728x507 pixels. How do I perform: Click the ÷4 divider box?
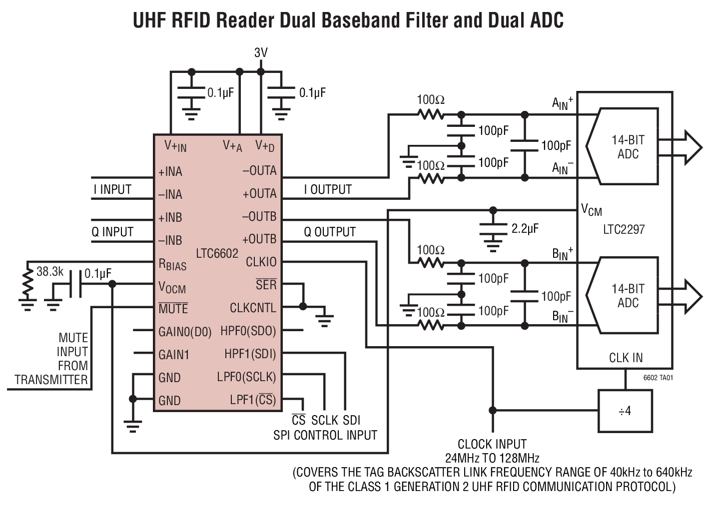(x=625, y=411)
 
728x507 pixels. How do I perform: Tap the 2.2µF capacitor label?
(x=525, y=229)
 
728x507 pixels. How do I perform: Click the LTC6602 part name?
(x=217, y=253)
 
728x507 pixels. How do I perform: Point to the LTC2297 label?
(x=624, y=230)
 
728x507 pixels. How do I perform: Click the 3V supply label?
(x=261, y=53)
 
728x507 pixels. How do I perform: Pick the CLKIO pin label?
(x=261, y=262)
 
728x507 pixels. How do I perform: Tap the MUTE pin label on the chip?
(x=173, y=309)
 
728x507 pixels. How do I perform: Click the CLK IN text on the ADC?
(x=626, y=358)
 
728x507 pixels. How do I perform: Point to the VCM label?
(x=591, y=210)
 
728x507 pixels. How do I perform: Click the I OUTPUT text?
(x=328, y=190)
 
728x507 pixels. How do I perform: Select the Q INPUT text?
(x=112, y=232)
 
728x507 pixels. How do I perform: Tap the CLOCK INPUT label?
(x=492, y=444)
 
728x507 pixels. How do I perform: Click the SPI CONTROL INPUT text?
(x=325, y=435)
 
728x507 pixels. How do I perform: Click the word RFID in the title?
(x=188, y=20)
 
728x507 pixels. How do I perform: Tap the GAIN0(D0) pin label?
(x=185, y=332)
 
